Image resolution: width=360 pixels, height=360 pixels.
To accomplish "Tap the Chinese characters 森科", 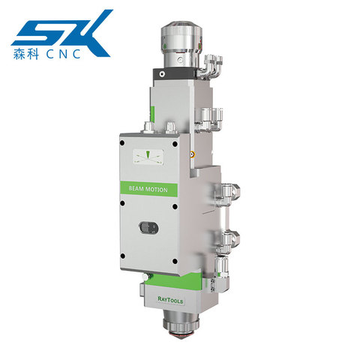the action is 26,54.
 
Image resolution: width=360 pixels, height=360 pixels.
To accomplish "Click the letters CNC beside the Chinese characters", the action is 64,54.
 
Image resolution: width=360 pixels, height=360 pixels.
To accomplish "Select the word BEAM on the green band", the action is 136,188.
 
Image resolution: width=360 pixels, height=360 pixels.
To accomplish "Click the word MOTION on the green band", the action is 157,190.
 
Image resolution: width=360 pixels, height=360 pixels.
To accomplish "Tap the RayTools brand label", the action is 170,300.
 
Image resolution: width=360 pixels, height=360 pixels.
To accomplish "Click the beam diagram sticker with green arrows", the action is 148,157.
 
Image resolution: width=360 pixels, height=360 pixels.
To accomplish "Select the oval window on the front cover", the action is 148,228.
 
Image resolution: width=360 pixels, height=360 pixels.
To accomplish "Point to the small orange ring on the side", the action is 192,154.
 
